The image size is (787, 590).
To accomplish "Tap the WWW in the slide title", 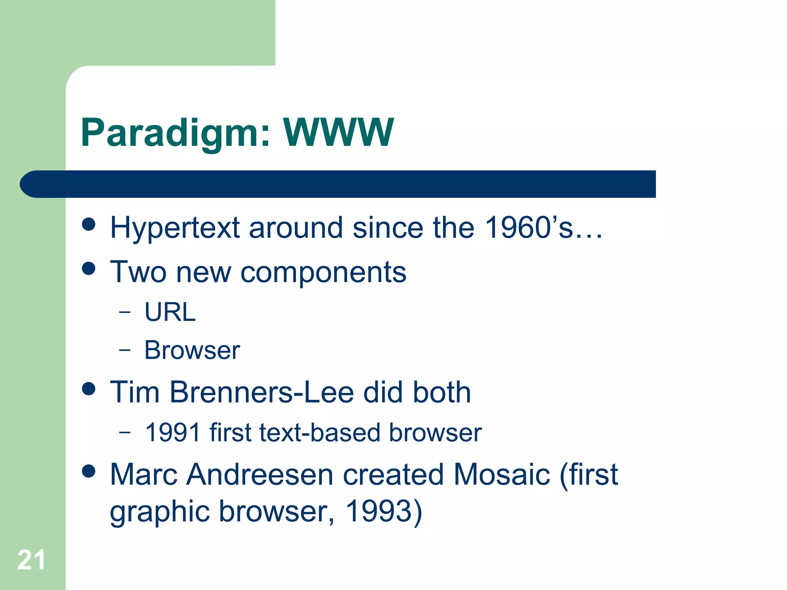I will click(x=338, y=133).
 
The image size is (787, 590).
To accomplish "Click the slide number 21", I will click(x=31, y=560).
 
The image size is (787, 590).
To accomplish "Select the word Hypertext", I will click(x=175, y=228).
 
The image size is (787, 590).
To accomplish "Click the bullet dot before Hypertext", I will click(x=89, y=224).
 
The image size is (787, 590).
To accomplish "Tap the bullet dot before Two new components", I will click(x=89, y=268).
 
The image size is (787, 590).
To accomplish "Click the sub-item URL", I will click(x=170, y=312).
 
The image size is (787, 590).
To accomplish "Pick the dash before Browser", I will click(x=125, y=350).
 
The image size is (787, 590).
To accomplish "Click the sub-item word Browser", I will click(x=192, y=350).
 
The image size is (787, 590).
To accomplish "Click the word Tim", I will click(x=134, y=393).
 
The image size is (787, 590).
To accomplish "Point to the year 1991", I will click(x=173, y=433).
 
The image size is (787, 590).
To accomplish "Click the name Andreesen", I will click(x=260, y=475).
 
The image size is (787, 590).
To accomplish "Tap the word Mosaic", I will click(x=501, y=475).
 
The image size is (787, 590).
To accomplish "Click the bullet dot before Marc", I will click(x=89, y=471).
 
